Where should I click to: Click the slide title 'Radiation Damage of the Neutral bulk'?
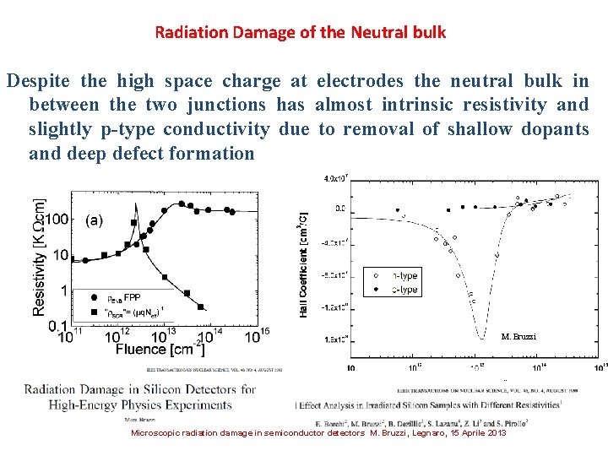[x=300, y=33]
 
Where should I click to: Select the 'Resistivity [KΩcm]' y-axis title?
[x=40, y=258]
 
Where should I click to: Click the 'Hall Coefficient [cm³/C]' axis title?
[x=303, y=263]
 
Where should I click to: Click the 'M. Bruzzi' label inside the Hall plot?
[x=518, y=337]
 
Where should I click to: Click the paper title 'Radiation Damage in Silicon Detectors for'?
[x=140, y=389]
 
